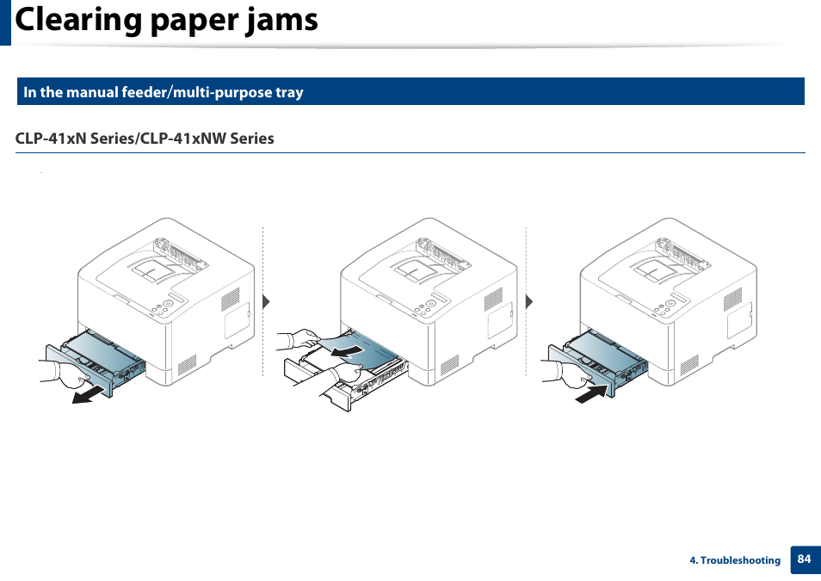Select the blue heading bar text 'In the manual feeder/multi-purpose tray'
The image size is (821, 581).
point(164,92)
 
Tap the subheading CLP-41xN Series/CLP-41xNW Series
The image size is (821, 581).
point(145,139)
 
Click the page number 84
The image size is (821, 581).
point(804,559)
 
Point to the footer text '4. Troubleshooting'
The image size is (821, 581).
point(735,560)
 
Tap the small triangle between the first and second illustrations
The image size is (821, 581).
point(267,301)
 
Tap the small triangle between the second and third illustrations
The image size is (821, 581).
point(530,301)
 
